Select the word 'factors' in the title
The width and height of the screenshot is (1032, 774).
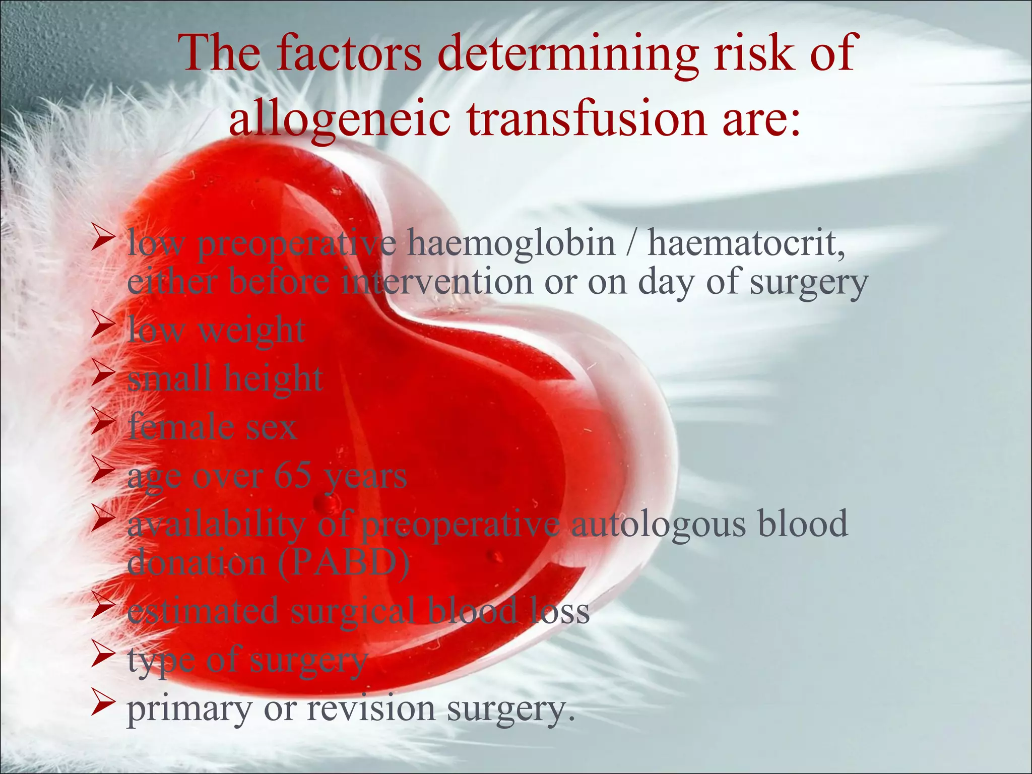(349, 53)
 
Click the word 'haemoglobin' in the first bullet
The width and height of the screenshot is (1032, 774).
(511, 243)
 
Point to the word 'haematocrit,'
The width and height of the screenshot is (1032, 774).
(746, 243)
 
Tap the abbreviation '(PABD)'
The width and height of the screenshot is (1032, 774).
(344, 563)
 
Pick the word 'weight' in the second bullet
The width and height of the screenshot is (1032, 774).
(251, 331)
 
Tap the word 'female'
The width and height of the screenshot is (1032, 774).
(181, 427)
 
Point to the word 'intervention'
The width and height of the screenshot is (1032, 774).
(436, 282)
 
